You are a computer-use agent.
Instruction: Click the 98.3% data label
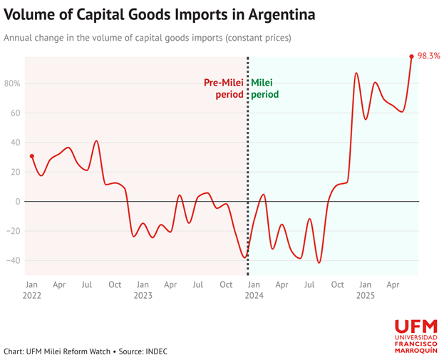428,55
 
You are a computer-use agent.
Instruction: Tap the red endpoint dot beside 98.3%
412,56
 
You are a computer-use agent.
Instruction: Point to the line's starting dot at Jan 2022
31,156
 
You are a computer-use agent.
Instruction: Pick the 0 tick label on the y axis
17,202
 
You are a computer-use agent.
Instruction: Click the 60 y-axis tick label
14,113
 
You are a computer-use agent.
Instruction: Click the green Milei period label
264,88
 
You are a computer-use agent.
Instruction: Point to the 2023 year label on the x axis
143,295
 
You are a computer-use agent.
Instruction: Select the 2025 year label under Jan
365,295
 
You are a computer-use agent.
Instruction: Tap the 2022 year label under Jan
32,295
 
